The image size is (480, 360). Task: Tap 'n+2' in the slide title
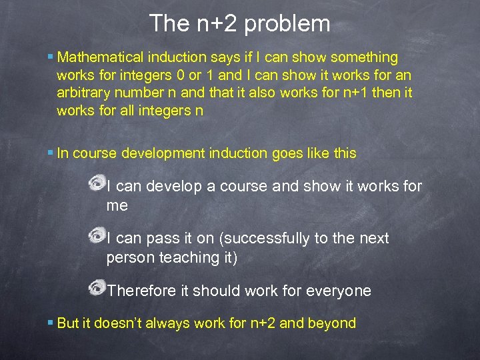coord(217,24)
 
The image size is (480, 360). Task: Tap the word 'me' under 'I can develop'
coord(117,205)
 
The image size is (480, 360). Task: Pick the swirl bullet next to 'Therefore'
coord(97,287)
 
